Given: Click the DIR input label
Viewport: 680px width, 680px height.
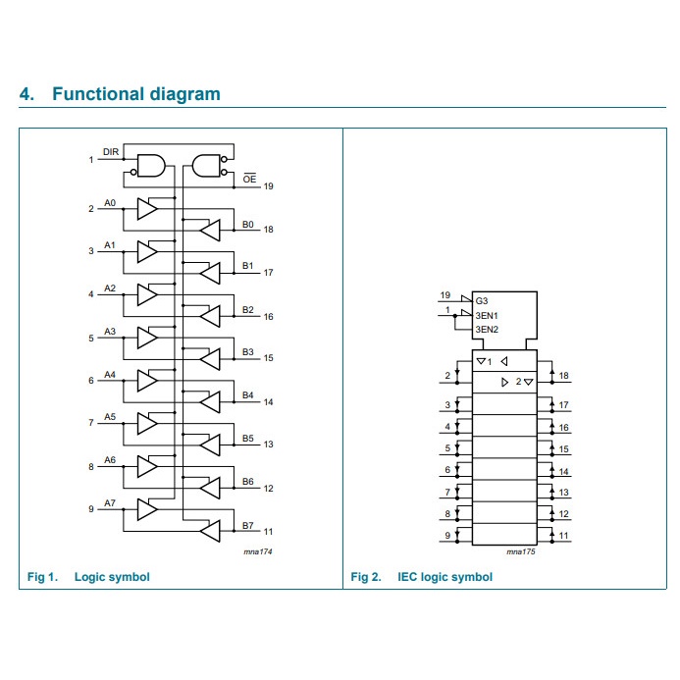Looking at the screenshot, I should pos(111,152).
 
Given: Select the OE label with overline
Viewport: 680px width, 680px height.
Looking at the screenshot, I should pos(249,179).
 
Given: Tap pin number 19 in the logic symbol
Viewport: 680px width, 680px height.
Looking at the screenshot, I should pos(268,185).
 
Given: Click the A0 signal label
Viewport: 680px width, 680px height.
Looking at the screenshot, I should pos(110,202).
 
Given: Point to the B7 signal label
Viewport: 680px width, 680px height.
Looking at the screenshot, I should pos(248,525).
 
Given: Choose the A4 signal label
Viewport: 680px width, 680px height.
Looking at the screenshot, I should pos(110,374).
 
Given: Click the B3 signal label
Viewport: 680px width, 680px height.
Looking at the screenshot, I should pos(248,352).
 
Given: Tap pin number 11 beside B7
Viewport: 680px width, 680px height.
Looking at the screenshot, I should pos(268,531).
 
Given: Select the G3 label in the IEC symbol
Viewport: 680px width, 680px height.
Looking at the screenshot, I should pos(481,299).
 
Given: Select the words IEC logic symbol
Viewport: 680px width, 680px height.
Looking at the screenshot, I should pos(445,576).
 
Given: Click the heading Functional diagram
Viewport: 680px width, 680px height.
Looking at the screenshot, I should pos(135,94).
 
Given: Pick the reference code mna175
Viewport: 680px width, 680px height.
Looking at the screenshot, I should pos(520,553).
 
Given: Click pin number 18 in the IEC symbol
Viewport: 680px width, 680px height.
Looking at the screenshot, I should pos(564,376).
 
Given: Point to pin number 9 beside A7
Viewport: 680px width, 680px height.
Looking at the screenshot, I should pos(91,508).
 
